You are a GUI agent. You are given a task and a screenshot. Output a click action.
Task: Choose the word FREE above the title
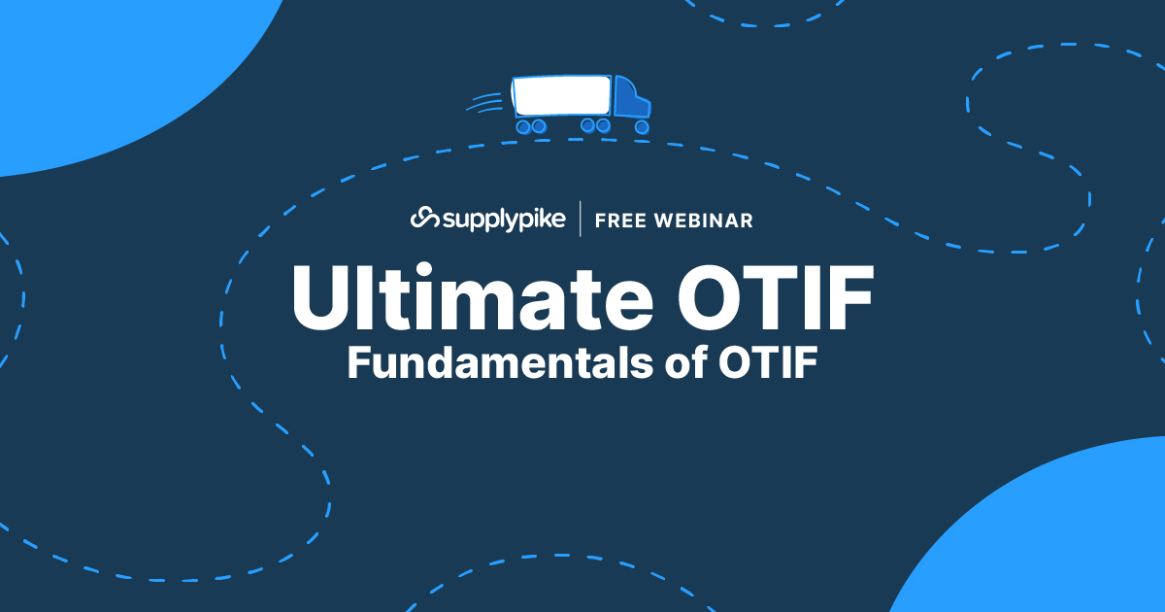pos(620,221)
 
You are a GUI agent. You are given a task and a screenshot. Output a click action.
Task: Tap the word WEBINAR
pos(706,221)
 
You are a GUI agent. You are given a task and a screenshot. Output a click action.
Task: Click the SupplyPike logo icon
pos(424,219)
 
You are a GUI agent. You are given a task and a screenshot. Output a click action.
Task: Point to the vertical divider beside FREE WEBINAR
pos(581,220)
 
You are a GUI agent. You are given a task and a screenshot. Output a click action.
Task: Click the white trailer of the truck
pos(562,96)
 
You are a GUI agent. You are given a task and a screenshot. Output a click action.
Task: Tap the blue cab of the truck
pos(631,100)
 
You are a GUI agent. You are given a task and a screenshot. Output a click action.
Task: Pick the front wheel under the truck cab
pos(641,126)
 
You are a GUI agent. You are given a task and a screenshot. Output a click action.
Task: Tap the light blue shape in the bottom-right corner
pos(1068,544)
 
